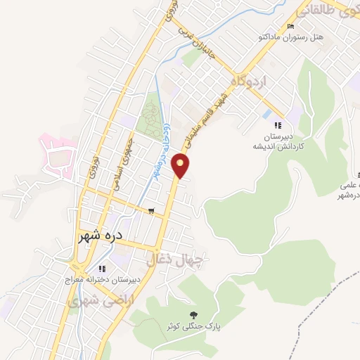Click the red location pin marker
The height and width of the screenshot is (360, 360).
point(182,165)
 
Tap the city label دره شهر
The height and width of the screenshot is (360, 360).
point(103,237)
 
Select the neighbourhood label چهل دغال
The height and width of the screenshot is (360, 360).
point(174,262)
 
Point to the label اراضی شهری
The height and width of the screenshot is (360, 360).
point(93,301)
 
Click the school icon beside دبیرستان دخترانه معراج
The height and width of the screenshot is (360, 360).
point(102,268)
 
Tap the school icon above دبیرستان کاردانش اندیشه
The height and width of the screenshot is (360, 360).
point(278,125)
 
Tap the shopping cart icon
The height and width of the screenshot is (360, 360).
point(151,210)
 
